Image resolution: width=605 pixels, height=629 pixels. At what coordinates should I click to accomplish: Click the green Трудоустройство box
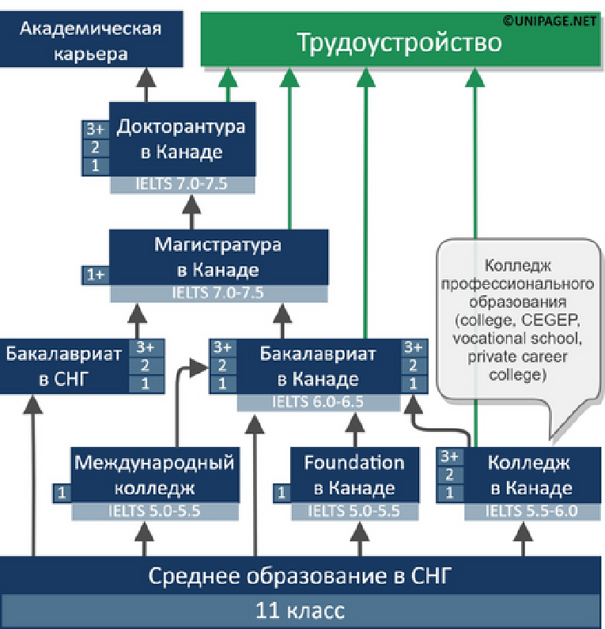pyautogui.click(x=399, y=41)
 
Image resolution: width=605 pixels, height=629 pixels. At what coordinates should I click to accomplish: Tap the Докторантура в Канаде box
pyautogui.click(x=182, y=139)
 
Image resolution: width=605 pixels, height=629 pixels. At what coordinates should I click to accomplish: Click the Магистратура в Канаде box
pyautogui.click(x=217, y=257)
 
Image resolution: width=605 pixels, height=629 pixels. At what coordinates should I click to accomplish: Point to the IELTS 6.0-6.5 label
pyautogui.click(x=317, y=402)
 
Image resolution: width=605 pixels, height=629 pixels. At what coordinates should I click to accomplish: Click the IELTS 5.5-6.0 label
pyautogui.click(x=531, y=510)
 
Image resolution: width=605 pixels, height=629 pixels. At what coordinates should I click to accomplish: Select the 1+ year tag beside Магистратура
pyautogui.click(x=96, y=275)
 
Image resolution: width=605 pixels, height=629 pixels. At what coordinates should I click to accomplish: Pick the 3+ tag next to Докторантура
pyautogui.click(x=95, y=129)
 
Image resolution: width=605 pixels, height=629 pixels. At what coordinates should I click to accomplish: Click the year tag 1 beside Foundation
pyautogui.click(x=281, y=494)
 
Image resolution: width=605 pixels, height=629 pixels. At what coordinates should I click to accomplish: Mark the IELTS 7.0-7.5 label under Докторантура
pyautogui.click(x=183, y=185)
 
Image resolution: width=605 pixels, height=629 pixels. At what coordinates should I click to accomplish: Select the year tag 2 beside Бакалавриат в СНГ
pyautogui.click(x=145, y=366)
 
